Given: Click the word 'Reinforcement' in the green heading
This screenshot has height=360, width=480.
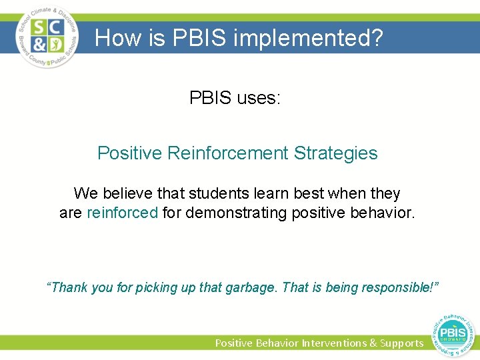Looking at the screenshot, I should [227, 153].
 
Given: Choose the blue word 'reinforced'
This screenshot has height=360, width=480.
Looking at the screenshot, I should [122, 214].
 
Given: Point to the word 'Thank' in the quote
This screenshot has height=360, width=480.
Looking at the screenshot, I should [67, 288].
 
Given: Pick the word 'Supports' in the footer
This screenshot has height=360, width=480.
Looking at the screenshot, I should [401, 343].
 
